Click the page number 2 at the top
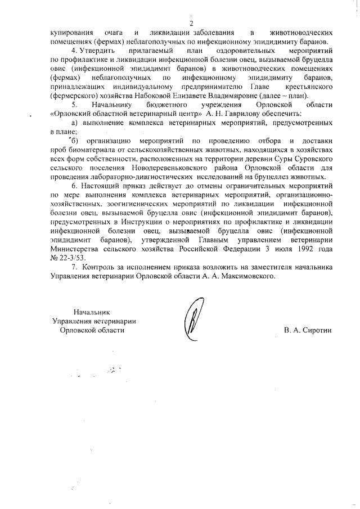coord(191,23)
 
